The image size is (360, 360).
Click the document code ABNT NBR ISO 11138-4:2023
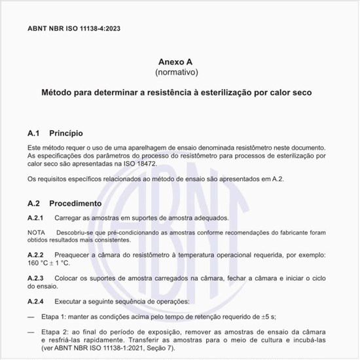tap(74, 29)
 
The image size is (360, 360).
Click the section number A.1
tap(34, 133)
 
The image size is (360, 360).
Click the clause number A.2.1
tap(35, 217)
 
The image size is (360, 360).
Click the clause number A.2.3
tap(35, 278)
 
